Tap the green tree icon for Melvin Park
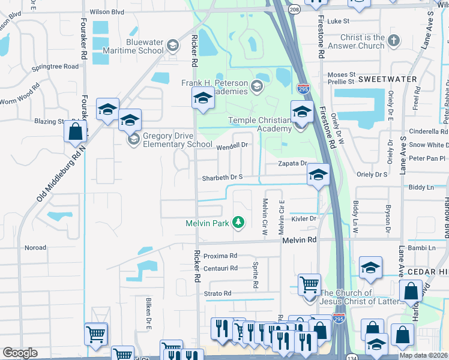click(x=238, y=223)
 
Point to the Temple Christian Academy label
click(x=259, y=124)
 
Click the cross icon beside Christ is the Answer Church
click(x=393, y=41)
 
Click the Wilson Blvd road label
click(x=106, y=11)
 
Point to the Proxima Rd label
click(x=220, y=256)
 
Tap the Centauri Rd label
click(x=220, y=268)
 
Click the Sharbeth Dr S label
click(x=222, y=178)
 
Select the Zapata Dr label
click(x=292, y=163)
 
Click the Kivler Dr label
click(x=303, y=219)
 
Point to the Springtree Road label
click(x=55, y=66)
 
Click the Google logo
click(x=20, y=353)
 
